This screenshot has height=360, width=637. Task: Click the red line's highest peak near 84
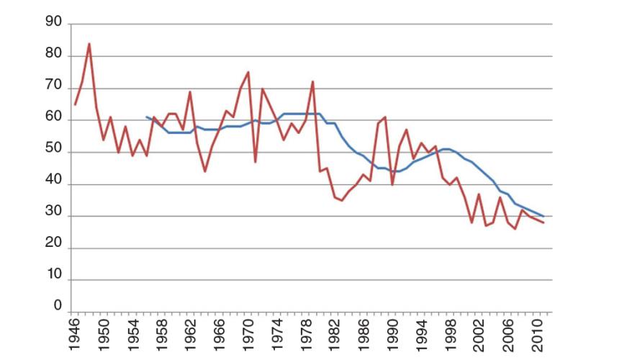tap(89, 43)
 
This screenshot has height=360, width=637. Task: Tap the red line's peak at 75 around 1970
tap(248, 72)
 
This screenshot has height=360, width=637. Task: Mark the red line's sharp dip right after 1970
tap(256, 162)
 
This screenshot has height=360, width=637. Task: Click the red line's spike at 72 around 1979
tap(313, 81)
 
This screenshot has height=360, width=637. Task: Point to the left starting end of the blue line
tap(146, 117)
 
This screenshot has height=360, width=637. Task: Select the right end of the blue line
tap(543, 216)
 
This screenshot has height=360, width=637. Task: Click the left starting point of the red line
tap(75, 104)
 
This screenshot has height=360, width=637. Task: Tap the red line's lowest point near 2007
tap(515, 229)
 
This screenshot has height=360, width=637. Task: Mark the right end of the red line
tap(543, 222)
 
